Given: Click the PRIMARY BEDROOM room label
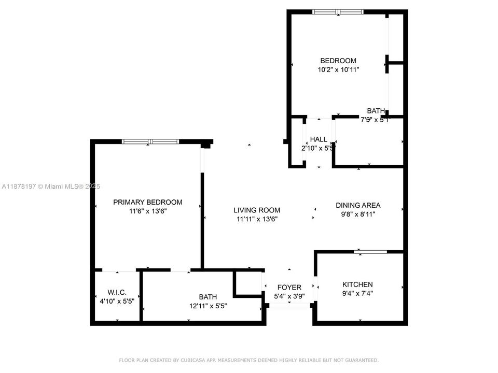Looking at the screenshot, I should pos(148,202).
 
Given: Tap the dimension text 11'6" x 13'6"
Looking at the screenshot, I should pos(148,211).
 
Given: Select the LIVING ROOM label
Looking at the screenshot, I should pos(257,210).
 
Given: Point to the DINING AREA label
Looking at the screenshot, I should pos(358,205).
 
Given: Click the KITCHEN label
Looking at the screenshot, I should pos(357,284).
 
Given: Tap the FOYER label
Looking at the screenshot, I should pos(289,288).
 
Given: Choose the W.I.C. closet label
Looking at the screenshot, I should pos(117,293).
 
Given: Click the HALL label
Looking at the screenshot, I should pos(319,139).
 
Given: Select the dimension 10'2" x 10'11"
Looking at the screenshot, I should pos(338,69).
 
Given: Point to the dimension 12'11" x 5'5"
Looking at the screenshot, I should pos(208,306).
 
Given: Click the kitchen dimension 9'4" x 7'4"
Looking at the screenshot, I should pos(357,293).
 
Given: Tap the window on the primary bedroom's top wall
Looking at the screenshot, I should pos(150,141).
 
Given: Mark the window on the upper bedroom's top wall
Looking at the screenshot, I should pos(338,12).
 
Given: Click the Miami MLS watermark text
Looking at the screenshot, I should pos(51,187).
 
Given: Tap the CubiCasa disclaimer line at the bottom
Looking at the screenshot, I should pos(249,360).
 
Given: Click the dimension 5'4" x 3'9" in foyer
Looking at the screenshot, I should pos(289,296).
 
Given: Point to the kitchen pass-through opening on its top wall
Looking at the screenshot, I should pos(370,252).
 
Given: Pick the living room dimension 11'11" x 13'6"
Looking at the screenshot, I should pos(257,219).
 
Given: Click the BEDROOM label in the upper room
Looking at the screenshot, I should pos(338,61).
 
